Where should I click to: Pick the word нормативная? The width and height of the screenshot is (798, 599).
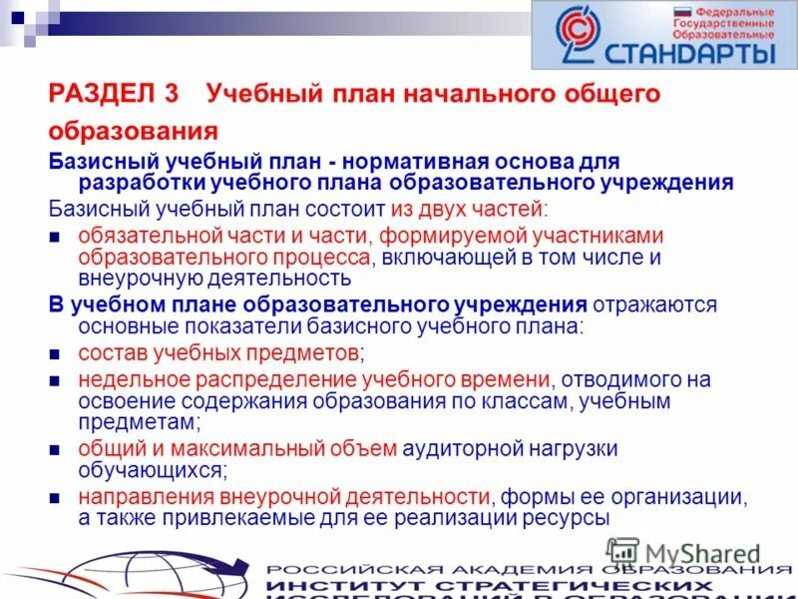click(419, 162)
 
